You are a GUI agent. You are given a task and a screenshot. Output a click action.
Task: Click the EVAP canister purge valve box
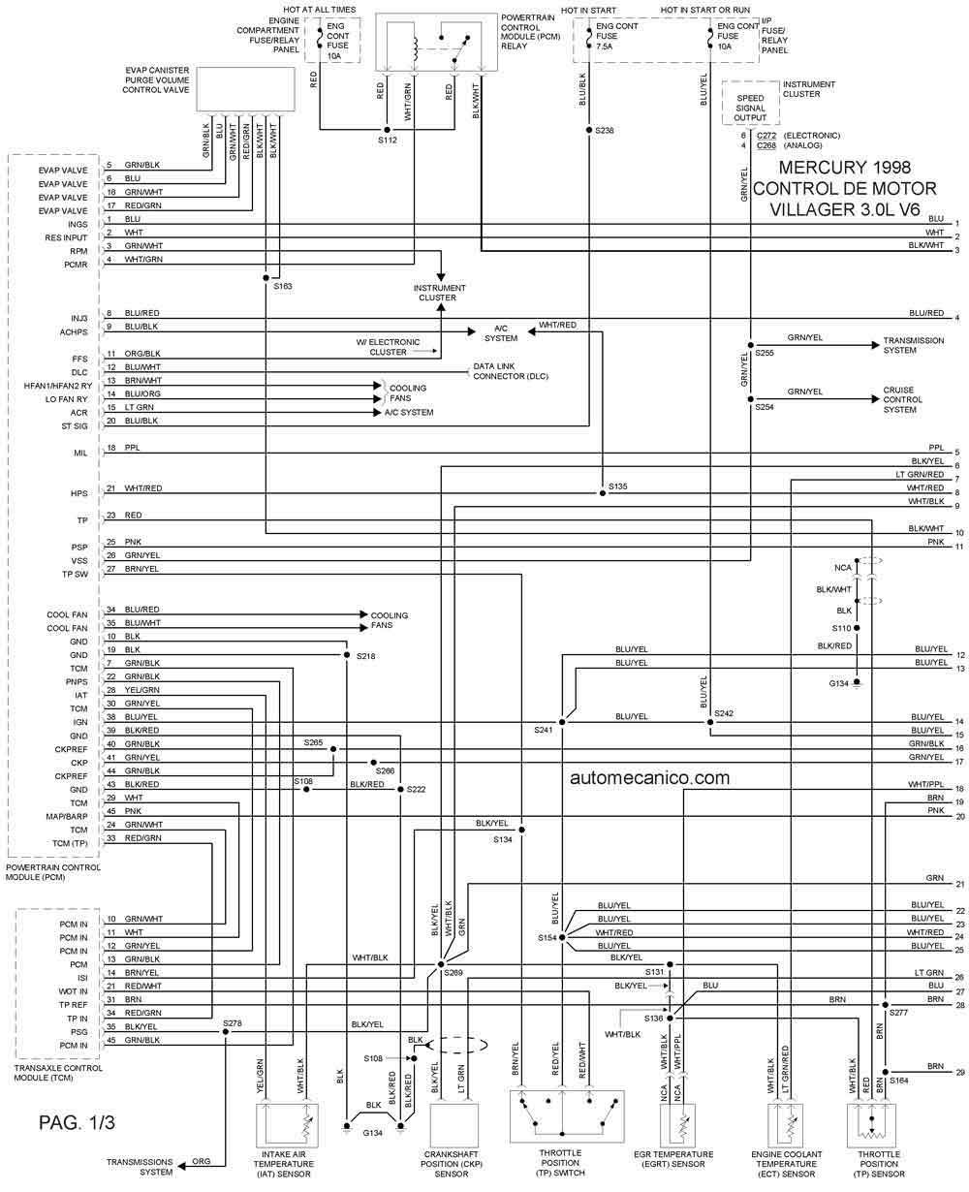coord(245,89)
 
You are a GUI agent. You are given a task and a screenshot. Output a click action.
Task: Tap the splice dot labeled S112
coord(388,130)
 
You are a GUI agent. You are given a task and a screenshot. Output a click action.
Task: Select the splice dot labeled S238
coord(588,130)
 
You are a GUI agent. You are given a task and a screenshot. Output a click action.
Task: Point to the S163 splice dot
coord(266,277)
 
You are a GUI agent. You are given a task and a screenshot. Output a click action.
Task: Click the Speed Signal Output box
coord(750,103)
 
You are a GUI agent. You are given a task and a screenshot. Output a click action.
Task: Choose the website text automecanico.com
coord(649,777)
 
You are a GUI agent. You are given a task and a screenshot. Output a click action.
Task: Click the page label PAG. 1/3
coord(77,1121)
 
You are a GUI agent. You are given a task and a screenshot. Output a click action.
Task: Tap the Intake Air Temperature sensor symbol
coord(287,1124)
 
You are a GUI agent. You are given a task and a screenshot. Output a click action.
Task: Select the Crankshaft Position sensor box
coord(453,1124)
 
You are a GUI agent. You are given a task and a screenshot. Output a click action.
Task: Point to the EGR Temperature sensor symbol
coord(677,1124)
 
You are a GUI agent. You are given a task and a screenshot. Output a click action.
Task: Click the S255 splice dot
coord(750,345)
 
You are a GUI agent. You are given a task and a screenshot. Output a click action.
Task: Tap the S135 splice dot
coord(602,493)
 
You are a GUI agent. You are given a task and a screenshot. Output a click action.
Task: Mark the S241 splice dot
coord(562,722)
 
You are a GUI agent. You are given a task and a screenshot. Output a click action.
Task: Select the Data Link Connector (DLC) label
coord(511,371)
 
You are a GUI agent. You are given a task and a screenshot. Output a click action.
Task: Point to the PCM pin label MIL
coord(80,453)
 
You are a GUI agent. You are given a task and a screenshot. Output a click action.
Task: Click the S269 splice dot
coord(441,964)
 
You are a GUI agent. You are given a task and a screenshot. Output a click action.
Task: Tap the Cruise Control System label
coord(902,399)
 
